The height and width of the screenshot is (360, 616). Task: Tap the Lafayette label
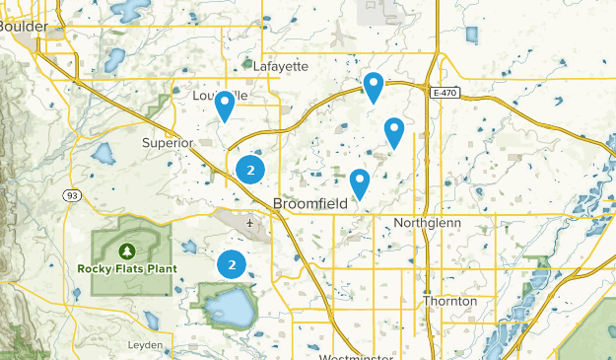point(281,66)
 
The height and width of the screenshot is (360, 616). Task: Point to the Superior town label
point(167,143)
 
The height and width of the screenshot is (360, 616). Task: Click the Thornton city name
point(449,301)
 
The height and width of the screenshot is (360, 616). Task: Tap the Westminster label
point(356,355)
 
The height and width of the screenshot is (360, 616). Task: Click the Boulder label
point(22,28)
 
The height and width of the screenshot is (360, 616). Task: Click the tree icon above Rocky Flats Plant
point(129,251)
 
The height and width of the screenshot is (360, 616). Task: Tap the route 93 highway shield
point(73,196)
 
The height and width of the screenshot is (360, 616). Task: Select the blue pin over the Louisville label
point(225,104)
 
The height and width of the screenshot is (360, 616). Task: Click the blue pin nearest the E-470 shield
point(374,86)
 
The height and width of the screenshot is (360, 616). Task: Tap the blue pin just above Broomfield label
point(360,181)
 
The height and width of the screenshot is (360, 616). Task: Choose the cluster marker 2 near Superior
point(250,171)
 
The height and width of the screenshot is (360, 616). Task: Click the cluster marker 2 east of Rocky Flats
point(232,264)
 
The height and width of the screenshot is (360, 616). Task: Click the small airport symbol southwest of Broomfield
point(250,223)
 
